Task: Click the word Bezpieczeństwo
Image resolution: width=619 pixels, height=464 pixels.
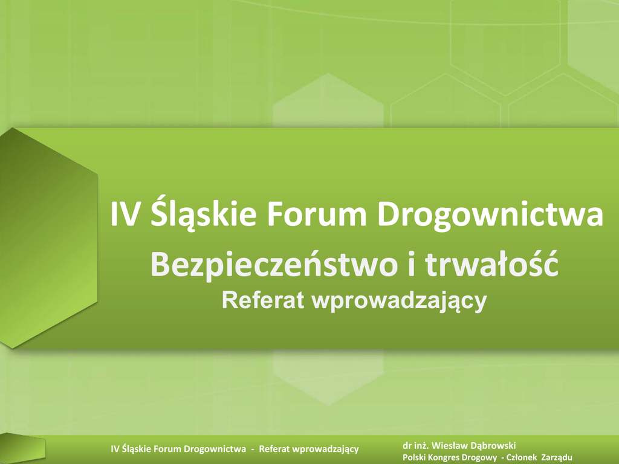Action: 274,264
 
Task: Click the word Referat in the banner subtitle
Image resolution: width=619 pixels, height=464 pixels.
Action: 263,300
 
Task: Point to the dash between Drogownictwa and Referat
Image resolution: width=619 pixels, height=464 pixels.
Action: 253,449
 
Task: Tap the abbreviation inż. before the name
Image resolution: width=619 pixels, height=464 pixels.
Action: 421,446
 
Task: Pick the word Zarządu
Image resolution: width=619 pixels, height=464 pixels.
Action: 557,458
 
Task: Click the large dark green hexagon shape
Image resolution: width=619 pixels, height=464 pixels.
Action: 48,238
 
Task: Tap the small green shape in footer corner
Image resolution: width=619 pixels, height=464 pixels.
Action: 22,448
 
